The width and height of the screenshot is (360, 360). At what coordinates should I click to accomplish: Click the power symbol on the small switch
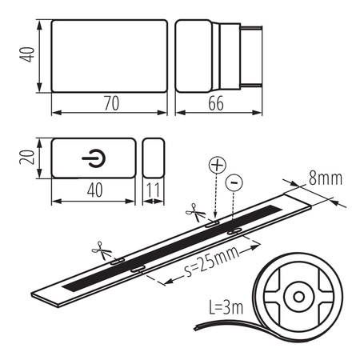(92, 160)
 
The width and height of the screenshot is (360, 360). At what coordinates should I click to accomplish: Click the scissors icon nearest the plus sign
(194, 212)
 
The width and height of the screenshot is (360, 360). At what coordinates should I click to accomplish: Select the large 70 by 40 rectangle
(109, 55)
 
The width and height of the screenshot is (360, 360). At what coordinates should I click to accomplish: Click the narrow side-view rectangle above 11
(153, 160)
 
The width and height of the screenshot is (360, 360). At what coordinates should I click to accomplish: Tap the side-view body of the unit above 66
(198, 55)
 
